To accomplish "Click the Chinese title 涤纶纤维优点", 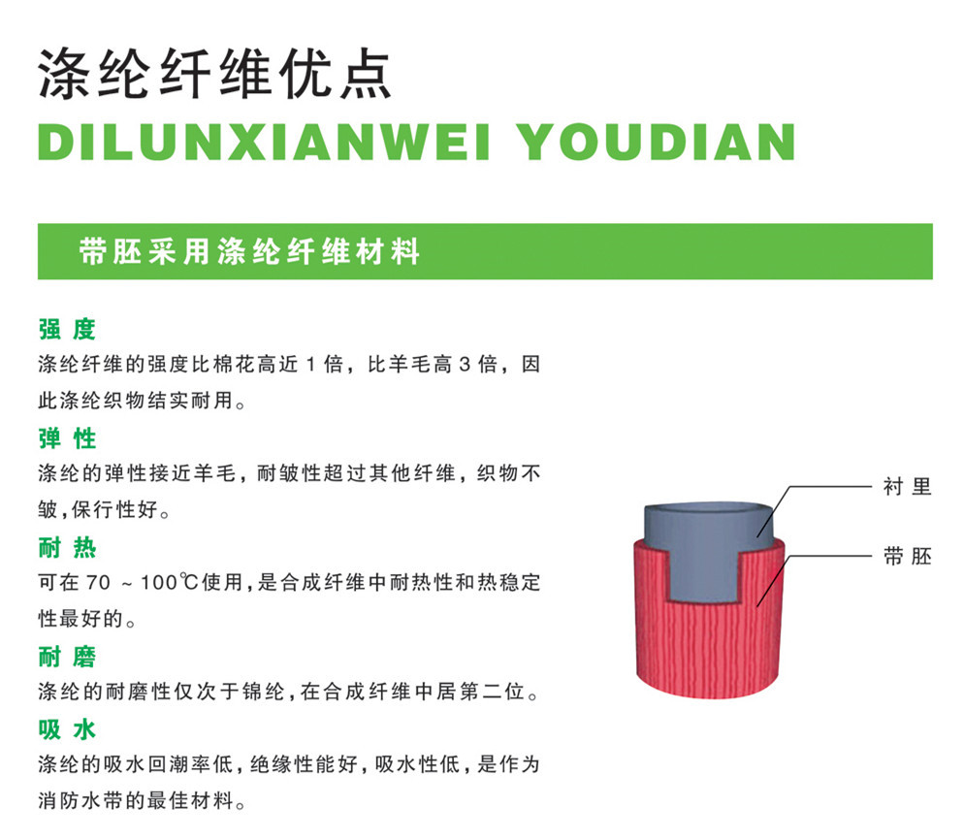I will (214, 72).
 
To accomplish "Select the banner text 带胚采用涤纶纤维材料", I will (250, 252).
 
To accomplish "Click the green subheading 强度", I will (67, 329).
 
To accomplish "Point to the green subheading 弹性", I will (67, 438).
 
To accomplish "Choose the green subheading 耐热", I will (67, 548).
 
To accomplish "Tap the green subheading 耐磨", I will (67, 658).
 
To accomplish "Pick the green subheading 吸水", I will (67, 727).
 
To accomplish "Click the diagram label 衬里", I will (907, 487).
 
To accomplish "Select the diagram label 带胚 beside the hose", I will (907, 557).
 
